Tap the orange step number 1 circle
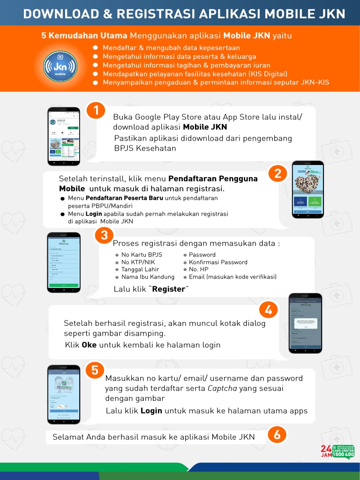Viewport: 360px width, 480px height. click(96, 111)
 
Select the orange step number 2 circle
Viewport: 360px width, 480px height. click(277, 174)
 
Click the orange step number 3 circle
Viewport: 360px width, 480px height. click(104, 236)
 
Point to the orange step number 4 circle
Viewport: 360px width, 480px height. click(269, 310)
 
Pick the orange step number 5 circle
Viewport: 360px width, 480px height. click(95, 370)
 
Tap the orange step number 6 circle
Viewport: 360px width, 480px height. click(277, 435)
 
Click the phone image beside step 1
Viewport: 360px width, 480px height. click(64, 136)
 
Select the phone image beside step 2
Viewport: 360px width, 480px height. click(308, 189)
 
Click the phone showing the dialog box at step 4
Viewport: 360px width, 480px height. click(305, 323)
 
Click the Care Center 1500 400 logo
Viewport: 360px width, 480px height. click(337, 451)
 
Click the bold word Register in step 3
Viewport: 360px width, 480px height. click(169, 289)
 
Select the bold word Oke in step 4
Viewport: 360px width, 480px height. click(89, 345)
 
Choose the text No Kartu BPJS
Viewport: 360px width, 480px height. click(142, 255)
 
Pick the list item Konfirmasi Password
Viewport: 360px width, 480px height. click(218, 262)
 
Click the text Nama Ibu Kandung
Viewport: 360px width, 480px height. click(148, 277)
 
